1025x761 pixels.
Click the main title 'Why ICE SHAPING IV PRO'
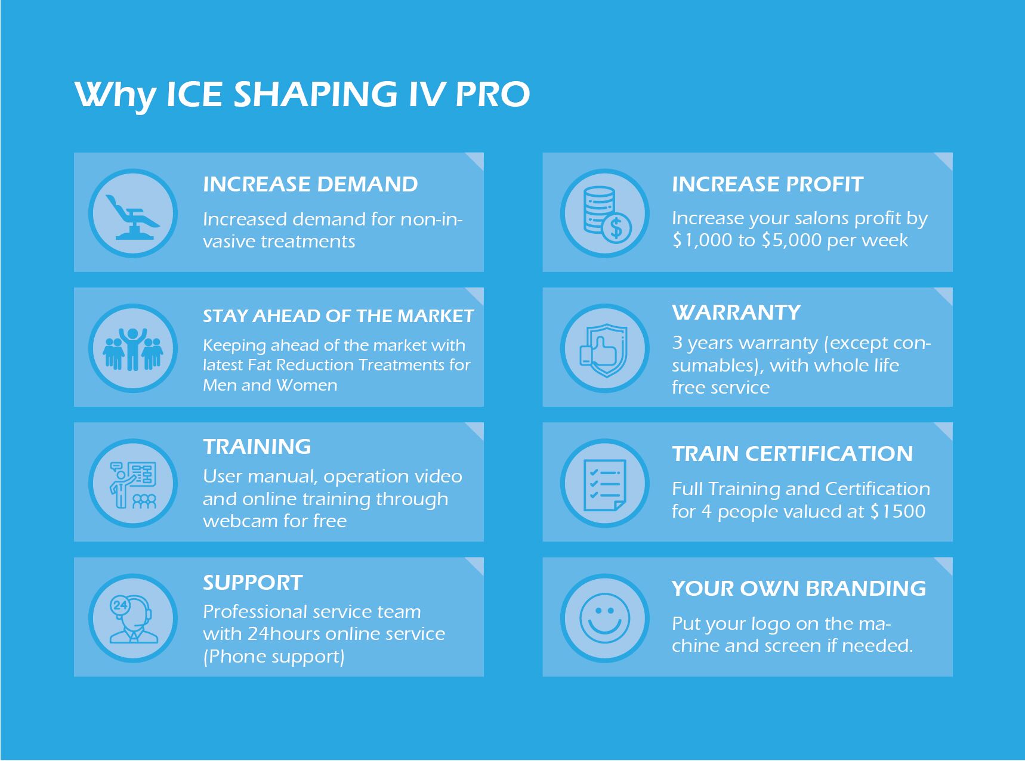(x=302, y=95)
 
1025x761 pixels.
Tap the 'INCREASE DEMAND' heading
(x=310, y=184)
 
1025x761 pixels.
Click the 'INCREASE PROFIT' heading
(x=767, y=184)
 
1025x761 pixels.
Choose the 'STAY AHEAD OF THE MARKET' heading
(x=338, y=315)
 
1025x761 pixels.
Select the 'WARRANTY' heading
(x=736, y=313)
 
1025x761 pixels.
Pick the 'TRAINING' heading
(x=257, y=447)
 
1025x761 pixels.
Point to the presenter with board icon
(x=133, y=485)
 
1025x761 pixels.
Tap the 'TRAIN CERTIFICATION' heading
(x=792, y=454)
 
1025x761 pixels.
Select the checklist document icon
(x=604, y=485)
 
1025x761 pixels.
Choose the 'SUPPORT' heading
(x=253, y=583)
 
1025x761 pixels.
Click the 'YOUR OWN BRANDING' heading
(x=799, y=589)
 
